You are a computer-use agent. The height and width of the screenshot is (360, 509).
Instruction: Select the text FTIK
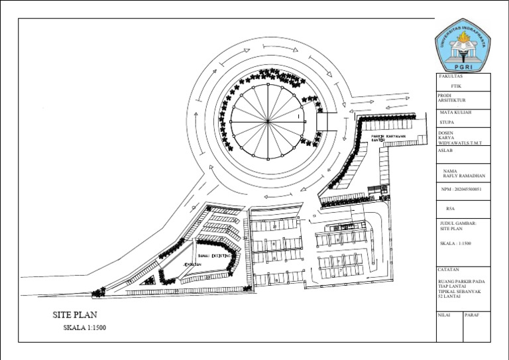click(456, 86)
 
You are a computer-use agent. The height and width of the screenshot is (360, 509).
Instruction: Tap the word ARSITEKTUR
click(453, 101)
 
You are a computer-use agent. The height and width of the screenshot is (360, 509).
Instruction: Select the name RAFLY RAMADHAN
click(465, 176)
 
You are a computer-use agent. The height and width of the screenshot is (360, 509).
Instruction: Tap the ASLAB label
click(445, 150)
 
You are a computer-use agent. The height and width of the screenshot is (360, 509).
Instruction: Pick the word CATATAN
click(450, 270)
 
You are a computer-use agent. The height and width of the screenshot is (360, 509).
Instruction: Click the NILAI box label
click(444, 314)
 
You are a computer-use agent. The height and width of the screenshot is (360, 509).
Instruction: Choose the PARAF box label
click(473, 314)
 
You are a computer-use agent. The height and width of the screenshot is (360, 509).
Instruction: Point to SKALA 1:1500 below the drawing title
click(85, 328)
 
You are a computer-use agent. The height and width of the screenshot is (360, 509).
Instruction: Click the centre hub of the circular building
click(267, 121)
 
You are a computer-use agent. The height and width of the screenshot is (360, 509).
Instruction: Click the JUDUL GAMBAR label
click(458, 223)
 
